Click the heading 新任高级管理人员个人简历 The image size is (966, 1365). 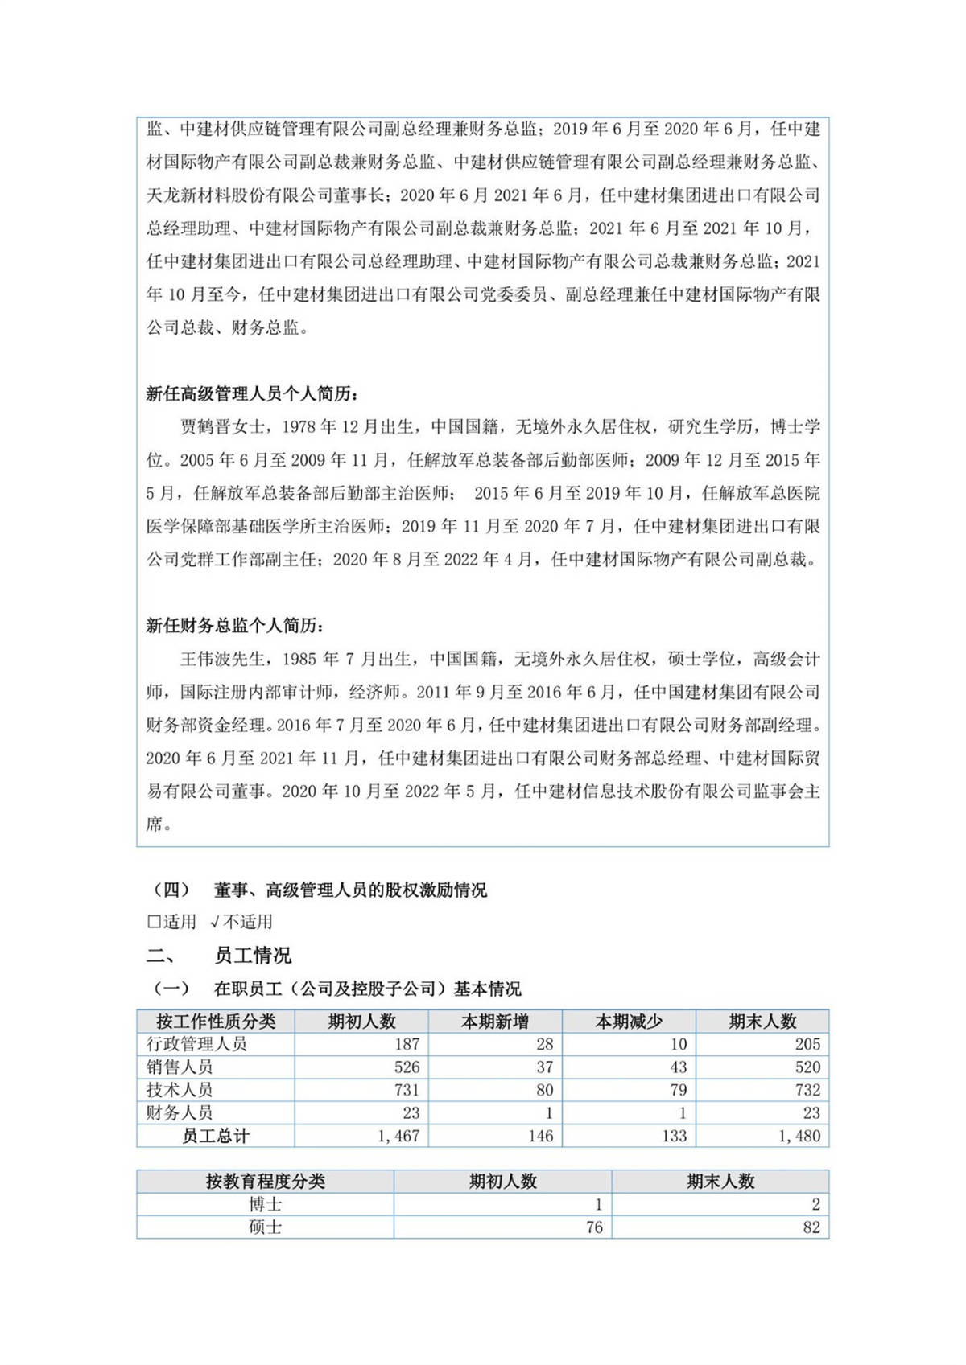pos(252,394)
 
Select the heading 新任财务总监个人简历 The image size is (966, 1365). pos(235,626)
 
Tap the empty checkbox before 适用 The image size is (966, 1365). pos(153,922)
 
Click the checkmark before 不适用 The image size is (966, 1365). pos(214,922)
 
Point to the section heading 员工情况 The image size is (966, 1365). pos(253,956)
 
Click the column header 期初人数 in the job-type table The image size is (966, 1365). pos(361,1022)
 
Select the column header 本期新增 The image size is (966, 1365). pos(494,1022)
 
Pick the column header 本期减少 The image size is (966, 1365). pos(629,1022)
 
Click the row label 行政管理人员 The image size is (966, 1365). pos(197,1044)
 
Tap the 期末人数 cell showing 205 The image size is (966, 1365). pos(807,1044)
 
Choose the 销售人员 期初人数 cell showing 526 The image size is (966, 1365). pos(407,1067)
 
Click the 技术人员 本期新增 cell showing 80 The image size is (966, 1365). pos(544,1090)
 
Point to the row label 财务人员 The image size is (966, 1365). pos(180,1113)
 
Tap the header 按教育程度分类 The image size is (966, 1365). pos(265,1182)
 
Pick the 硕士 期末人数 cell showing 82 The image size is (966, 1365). pos(811,1227)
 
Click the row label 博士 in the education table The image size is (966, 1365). pos(265,1205)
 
